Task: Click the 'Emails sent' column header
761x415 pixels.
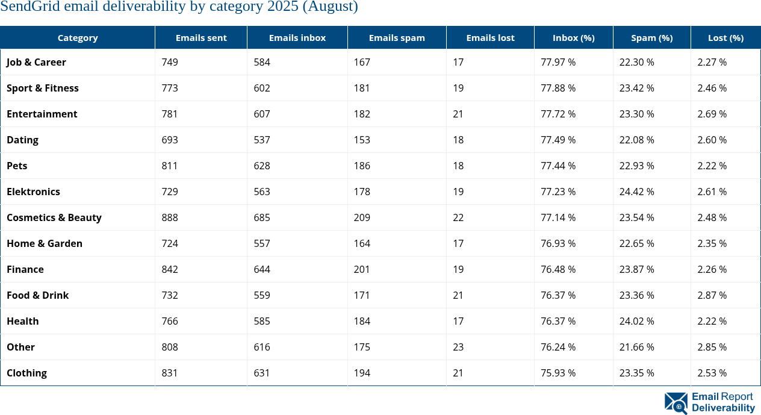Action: [201, 37]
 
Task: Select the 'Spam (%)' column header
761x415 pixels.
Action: [651, 37]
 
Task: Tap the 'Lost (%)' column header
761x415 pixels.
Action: [725, 37]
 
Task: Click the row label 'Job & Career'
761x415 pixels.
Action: [36, 62]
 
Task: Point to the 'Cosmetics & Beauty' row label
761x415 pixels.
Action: [54, 217]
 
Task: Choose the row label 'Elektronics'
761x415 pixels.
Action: [33, 192]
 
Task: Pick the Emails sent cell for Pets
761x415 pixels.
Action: [170, 166]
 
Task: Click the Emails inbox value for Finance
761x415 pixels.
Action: [262, 269]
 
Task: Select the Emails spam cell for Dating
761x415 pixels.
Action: [362, 140]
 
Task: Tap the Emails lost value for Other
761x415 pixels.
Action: [458, 347]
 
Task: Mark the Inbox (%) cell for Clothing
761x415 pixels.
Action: [558, 373]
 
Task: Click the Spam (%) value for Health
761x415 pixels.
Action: [636, 321]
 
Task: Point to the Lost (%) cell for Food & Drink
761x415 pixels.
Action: [712, 295]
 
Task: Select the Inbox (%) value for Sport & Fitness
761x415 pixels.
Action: [558, 88]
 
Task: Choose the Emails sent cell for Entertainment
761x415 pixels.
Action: [170, 114]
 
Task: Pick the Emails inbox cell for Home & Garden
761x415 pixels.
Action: [262, 243]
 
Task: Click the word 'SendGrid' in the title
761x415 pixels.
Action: [37, 7]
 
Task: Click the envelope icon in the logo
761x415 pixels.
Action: [676, 403]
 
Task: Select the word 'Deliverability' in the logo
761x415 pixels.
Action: [723, 408]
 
